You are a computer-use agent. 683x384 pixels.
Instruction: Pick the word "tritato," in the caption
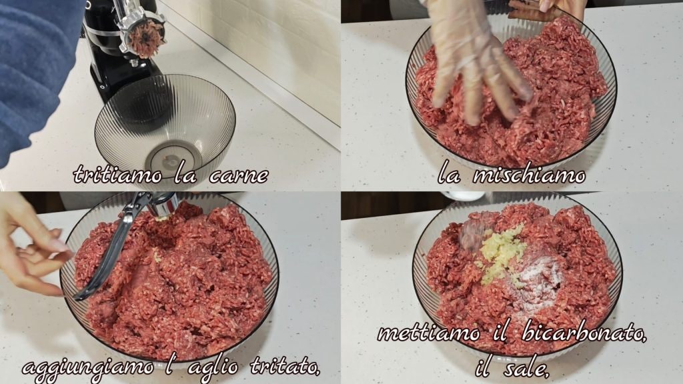click(285, 367)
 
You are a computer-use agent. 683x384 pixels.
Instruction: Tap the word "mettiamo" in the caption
click(429, 334)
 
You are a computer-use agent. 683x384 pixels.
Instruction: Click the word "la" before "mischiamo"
click(449, 175)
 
